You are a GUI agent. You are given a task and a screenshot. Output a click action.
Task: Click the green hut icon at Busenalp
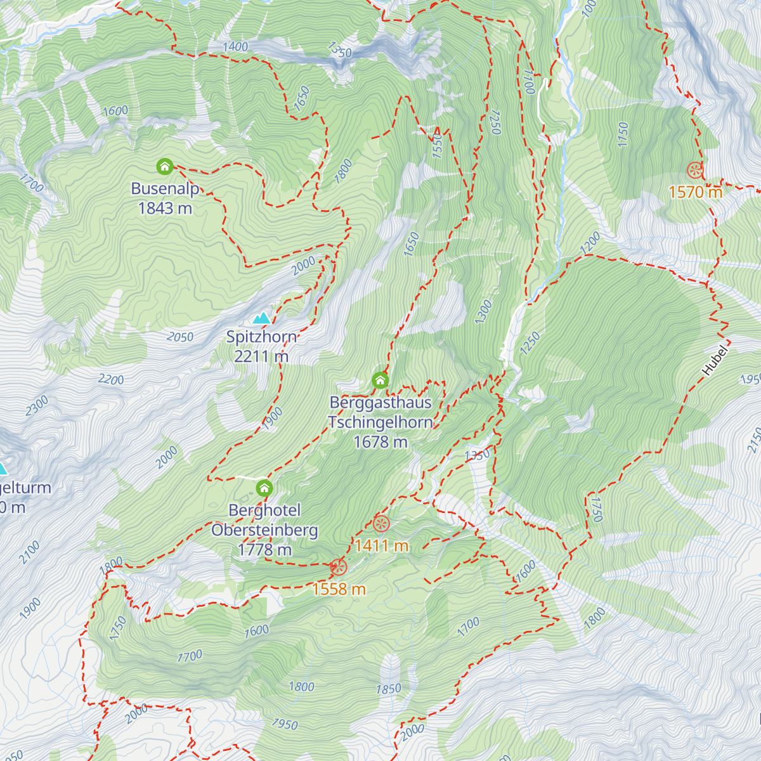coord(165,167)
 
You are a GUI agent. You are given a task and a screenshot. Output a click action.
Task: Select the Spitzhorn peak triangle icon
coord(261,318)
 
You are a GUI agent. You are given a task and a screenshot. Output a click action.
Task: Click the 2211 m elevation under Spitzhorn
coord(261,356)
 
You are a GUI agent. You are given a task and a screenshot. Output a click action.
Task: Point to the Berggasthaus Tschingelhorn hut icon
coord(380,380)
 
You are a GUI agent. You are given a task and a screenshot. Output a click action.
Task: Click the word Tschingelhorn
coord(380,422)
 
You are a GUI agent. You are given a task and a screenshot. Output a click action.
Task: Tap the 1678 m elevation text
coord(380,441)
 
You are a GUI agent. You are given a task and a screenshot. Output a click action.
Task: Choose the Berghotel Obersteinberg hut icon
coord(264,488)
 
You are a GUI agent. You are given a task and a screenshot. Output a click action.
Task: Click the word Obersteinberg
coord(264,530)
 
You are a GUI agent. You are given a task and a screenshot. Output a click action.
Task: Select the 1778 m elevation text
coord(264,550)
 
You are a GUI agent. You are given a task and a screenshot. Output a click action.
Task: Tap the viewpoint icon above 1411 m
coord(381,524)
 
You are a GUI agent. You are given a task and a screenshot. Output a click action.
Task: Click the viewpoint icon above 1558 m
coord(339,567)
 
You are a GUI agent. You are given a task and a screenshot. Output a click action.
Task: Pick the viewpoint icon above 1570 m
coord(695,170)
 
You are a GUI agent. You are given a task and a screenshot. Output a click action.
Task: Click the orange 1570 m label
coord(695,192)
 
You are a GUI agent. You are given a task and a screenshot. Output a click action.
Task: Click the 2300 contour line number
coord(37,406)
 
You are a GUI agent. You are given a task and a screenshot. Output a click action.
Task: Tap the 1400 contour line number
coord(235,47)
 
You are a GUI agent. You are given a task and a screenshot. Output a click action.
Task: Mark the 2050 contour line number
coord(180,337)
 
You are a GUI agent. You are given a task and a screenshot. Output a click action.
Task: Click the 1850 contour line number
coord(388,689)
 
